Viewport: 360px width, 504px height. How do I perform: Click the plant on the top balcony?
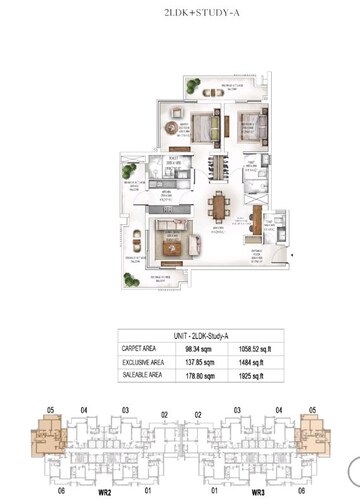click(x=167, y=94)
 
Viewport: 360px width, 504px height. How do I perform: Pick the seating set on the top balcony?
click(x=210, y=92)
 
